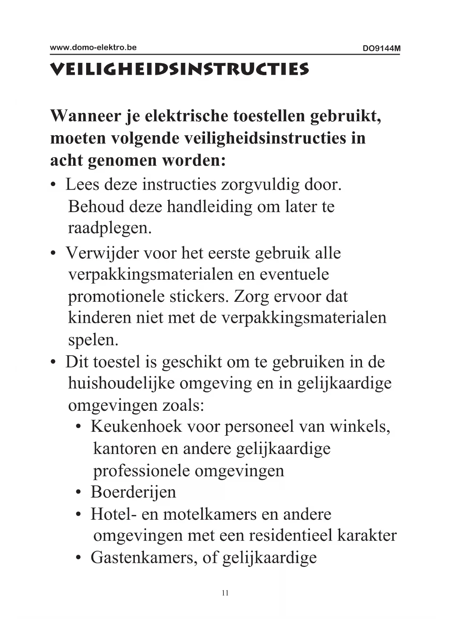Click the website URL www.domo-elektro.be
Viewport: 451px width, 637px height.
(93, 48)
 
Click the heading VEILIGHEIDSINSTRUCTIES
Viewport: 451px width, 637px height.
(180, 69)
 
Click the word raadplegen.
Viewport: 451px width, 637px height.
(109, 228)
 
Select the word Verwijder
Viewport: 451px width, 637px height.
(102, 253)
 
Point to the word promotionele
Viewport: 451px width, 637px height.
(116, 296)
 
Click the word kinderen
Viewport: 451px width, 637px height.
(99, 318)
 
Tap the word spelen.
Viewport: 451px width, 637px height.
(93, 340)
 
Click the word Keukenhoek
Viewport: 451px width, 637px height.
(136, 426)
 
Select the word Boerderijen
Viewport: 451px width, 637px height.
(133, 492)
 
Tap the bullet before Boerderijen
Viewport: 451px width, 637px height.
(78, 493)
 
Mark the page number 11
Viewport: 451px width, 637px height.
(225, 593)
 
